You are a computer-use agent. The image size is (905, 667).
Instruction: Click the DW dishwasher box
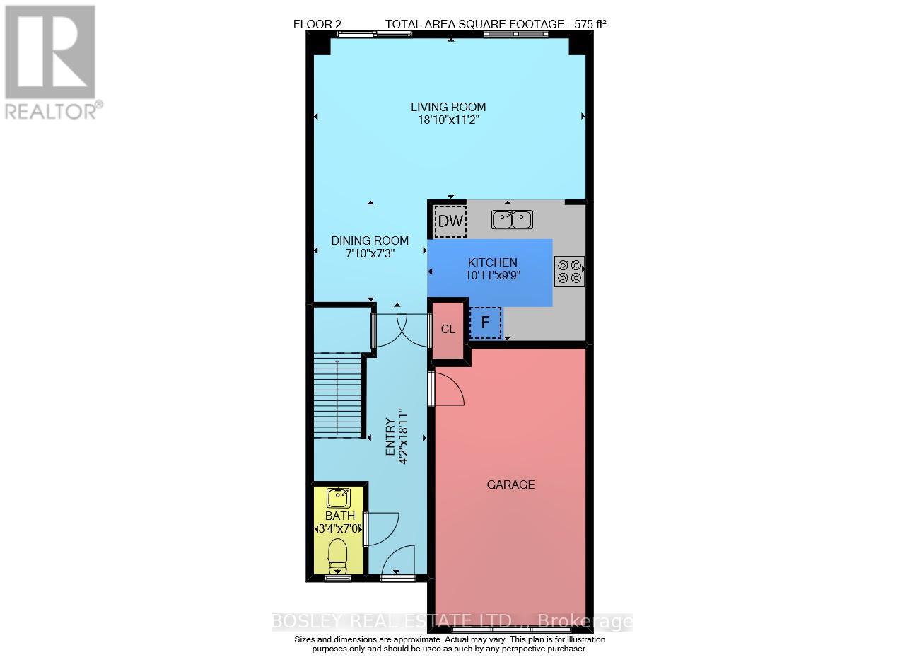coord(450,221)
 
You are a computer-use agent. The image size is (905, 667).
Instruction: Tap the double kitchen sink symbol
coord(512,220)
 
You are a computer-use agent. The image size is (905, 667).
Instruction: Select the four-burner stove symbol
coord(569,271)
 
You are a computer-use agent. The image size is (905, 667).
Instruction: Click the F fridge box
coord(485,323)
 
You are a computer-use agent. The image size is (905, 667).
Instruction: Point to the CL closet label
coord(448,329)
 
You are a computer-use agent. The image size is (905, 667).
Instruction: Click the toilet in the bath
coord(338,555)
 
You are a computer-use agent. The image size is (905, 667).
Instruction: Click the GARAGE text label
coord(510,485)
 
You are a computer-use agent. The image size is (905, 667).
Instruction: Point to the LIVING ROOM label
coord(448,107)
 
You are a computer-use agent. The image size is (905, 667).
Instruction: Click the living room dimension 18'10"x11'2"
coord(448,120)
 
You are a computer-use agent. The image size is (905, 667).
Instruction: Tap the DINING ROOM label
coord(370,240)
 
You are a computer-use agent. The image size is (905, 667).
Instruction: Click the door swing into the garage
coord(448,390)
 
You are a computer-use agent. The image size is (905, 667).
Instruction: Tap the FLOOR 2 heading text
coord(317,24)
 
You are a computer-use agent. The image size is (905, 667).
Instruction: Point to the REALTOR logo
coord(51,62)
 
